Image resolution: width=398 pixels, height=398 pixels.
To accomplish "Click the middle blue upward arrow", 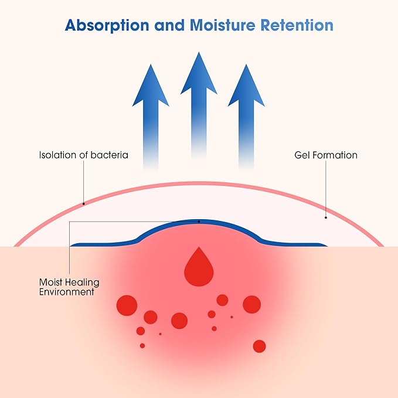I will tap(199, 106).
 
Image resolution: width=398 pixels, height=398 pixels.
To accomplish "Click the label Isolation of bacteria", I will tap(83, 155).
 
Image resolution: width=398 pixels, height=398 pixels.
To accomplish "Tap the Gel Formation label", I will tap(326, 155).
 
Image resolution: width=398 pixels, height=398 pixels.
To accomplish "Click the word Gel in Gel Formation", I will tap(302, 155).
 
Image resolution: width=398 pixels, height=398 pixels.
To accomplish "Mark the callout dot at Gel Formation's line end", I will tap(326, 217).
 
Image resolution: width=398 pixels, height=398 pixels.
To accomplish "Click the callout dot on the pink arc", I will tap(84, 204).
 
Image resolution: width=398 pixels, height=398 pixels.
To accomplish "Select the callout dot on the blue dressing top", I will tap(199, 222).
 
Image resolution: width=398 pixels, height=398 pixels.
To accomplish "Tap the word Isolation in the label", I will tap(56, 155).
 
